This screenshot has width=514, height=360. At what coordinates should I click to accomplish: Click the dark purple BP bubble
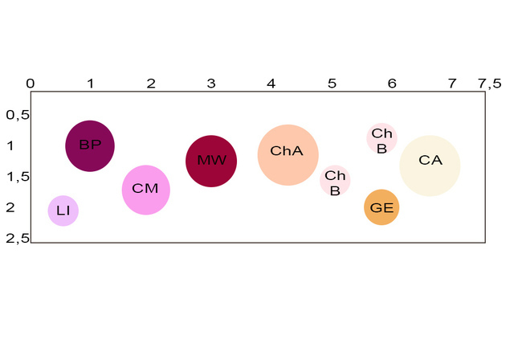pos(90,146)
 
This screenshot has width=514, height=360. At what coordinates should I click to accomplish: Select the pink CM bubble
pos(146,190)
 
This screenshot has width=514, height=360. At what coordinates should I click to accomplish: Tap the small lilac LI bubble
pos(63,211)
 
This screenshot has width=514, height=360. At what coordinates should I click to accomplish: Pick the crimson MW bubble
pos(211,161)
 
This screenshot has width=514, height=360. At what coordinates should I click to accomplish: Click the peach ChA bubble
pos(288,155)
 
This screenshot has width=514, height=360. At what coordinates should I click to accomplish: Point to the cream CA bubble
pos(430,166)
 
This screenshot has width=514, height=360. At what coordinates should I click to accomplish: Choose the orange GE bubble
pos(381,207)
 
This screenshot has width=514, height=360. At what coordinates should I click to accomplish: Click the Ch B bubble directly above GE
pos(381,138)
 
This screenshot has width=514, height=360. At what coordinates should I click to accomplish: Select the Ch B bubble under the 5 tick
pos(335,180)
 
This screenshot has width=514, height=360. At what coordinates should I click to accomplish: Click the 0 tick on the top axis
pos(31,84)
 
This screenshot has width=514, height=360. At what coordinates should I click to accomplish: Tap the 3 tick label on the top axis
pos(211,84)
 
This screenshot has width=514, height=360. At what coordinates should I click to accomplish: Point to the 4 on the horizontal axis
pos(271,84)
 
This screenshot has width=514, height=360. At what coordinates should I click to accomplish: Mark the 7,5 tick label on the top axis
pos(490,84)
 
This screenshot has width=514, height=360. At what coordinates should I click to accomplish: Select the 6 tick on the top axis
pos(392,84)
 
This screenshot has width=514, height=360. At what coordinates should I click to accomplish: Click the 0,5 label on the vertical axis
pos(18,115)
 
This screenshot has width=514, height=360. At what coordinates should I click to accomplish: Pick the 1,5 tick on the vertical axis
pos(18,177)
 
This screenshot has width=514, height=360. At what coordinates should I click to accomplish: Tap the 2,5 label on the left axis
pos(18,239)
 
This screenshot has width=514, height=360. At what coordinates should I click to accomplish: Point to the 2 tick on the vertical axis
pos(10,207)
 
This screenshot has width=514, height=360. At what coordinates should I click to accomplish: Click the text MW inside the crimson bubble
pos(212,160)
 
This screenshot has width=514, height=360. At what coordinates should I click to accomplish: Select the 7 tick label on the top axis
pos(452,84)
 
